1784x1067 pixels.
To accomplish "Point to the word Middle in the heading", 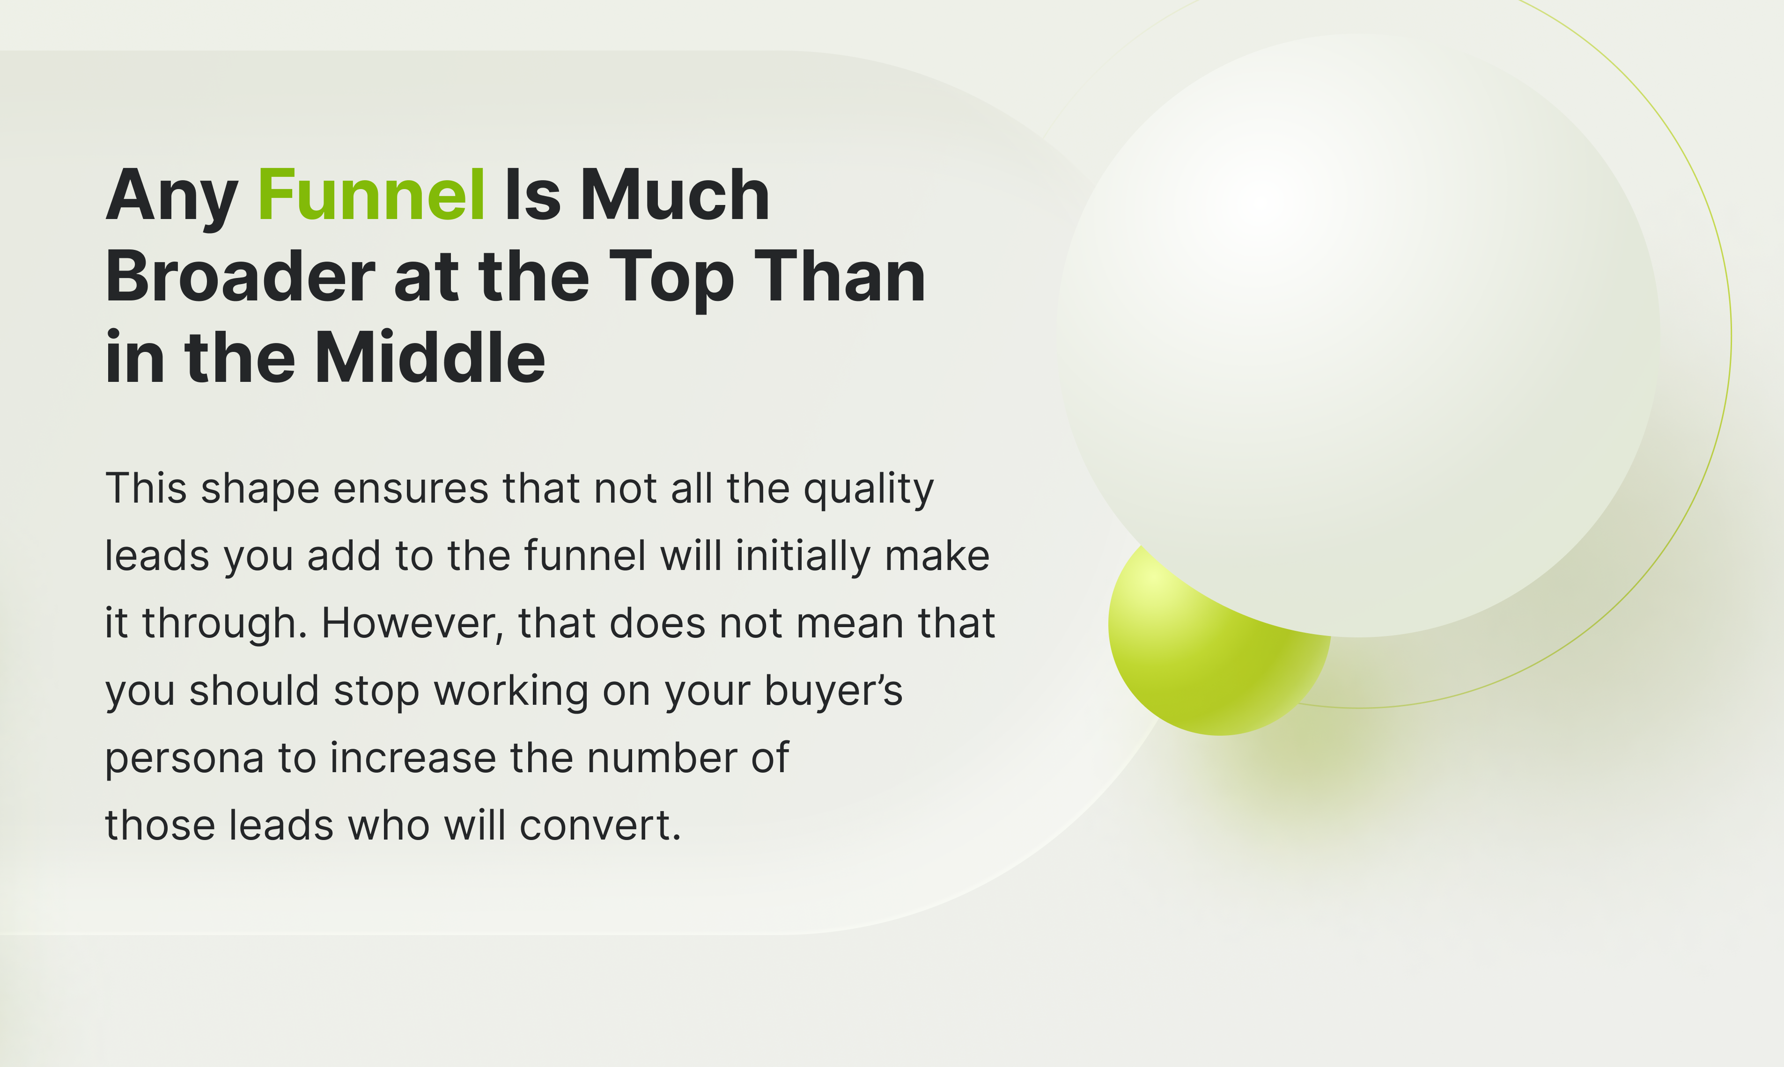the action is pos(429,358).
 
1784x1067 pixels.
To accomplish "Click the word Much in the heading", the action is pos(675,194).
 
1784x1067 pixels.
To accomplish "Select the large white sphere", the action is pos(1358,335).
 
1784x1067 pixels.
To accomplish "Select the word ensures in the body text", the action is pos(411,490).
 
